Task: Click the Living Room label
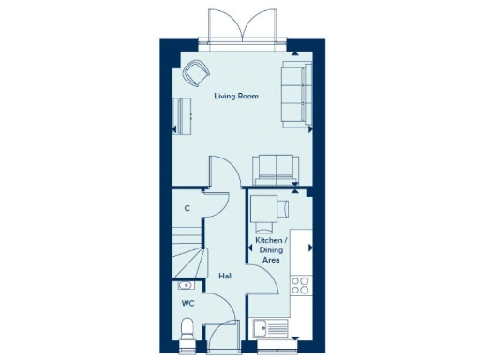235,97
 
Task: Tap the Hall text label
226,276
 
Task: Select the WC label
187,303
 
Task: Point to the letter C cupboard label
187,208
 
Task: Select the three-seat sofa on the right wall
295,94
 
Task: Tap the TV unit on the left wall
182,115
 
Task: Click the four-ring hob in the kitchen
302,285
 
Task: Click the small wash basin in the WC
184,285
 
